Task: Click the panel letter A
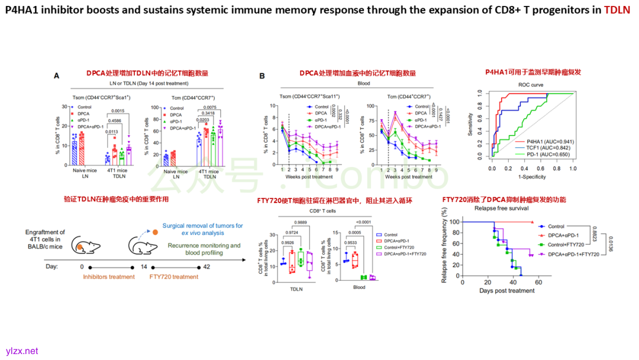click(57, 76)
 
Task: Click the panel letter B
click(262, 76)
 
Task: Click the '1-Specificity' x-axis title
click(532, 177)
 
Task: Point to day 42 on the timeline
click(206, 266)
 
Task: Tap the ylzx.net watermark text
click(22, 351)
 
